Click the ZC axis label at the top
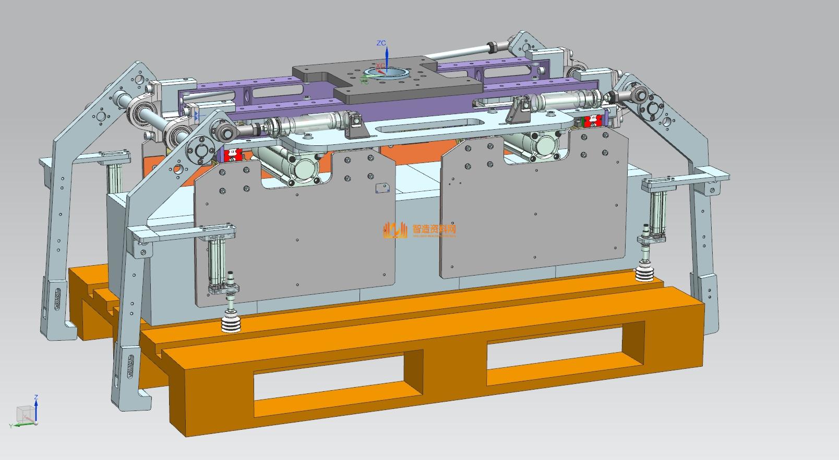(381, 43)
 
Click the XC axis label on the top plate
(380, 66)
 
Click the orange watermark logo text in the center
(434, 229)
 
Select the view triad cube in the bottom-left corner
(24, 414)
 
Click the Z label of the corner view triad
(36, 397)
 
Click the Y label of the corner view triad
(10, 426)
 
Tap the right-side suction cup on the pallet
(645, 273)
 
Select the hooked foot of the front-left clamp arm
(130, 399)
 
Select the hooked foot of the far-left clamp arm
(57, 331)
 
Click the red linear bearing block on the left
(231, 154)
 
